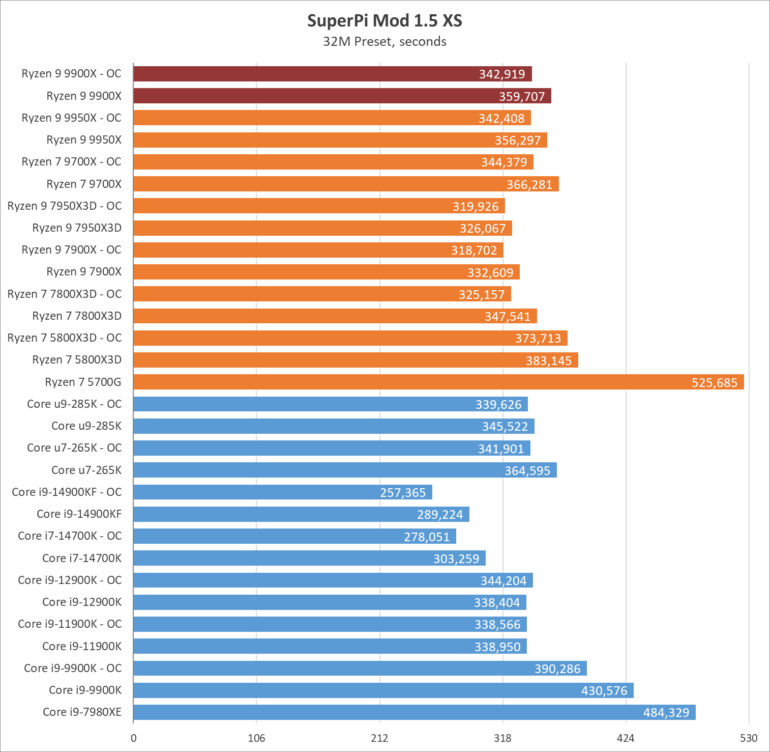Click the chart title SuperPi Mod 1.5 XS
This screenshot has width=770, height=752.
(384, 21)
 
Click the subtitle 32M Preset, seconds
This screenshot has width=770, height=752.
(384, 42)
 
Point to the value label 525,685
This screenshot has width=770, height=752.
(714, 382)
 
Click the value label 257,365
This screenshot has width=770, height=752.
(403, 492)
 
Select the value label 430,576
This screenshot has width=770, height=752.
(604, 690)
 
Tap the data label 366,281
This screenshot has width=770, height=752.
(529, 184)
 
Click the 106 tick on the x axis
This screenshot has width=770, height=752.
(256, 738)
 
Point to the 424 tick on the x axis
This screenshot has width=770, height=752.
(626, 738)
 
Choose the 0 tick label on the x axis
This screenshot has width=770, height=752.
(134, 738)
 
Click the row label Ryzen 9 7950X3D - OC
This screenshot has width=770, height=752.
(65, 206)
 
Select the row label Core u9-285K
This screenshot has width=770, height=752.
(86, 426)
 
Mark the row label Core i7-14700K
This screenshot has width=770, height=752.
(82, 558)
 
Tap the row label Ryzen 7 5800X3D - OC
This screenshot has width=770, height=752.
(65, 338)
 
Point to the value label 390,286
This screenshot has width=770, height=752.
(557, 669)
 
